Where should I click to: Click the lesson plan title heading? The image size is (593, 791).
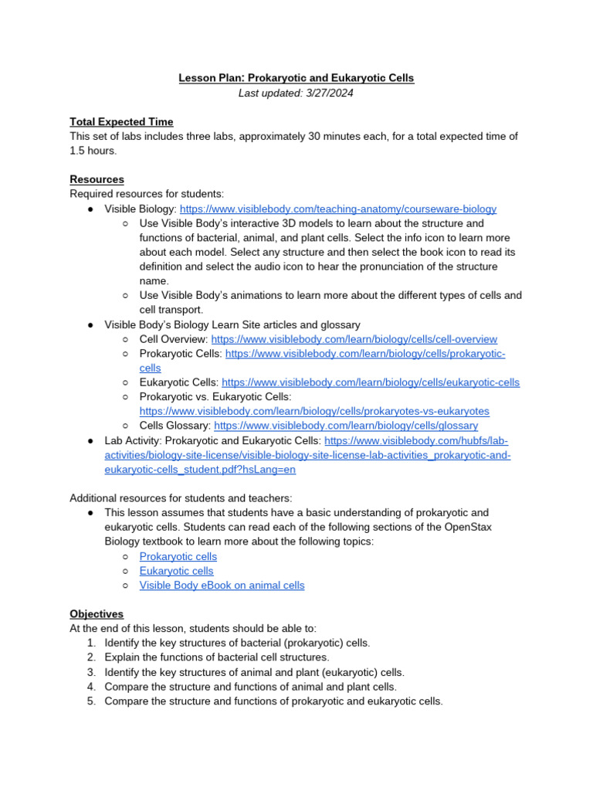[296, 78]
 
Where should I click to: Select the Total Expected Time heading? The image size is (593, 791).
[121, 122]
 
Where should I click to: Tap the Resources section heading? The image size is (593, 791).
[97, 179]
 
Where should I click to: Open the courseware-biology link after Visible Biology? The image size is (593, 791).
[338, 209]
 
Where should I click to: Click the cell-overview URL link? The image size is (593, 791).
[354, 339]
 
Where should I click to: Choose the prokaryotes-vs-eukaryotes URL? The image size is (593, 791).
[314, 411]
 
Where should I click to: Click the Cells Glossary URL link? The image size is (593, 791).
[346, 426]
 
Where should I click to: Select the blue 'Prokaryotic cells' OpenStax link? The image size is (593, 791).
[178, 556]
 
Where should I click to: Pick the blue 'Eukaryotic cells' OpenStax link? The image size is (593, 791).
[176, 571]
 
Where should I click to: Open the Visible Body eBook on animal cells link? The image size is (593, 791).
[222, 586]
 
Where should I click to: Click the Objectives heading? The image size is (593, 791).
[97, 614]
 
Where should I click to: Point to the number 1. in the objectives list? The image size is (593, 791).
[91, 643]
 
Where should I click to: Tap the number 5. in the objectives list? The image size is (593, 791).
[91, 701]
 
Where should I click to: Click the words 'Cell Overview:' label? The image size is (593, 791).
[173, 339]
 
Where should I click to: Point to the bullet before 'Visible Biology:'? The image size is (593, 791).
[91, 209]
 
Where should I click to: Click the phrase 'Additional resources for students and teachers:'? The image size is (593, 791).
[181, 498]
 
